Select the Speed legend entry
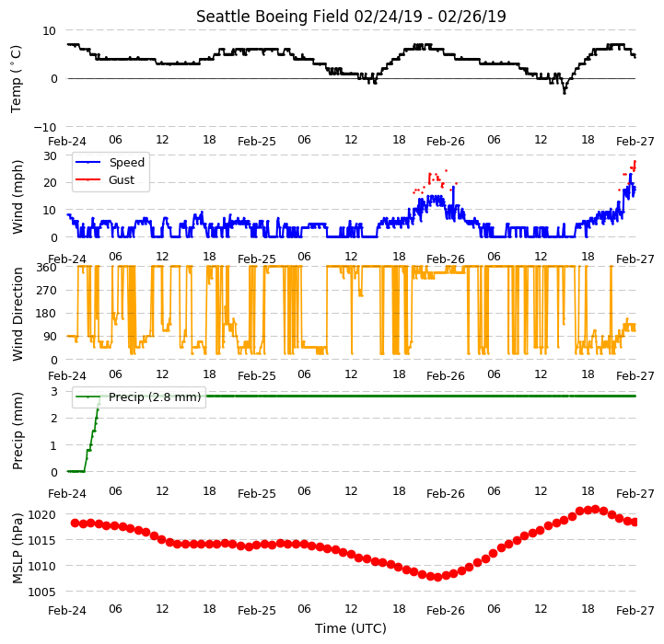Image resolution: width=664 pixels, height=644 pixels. [x=111, y=163]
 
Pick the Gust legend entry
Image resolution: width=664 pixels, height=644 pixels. [x=105, y=179]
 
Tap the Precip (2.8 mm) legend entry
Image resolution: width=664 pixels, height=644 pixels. [x=138, y=397]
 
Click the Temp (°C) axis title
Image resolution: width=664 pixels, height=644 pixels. [x=16, y=79]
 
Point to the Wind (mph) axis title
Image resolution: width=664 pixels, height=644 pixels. [x=17, y=197]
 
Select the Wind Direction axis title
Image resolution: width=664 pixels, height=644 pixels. [x=17, y=314]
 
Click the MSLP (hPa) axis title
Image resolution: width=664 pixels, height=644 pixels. [x=17, y=548]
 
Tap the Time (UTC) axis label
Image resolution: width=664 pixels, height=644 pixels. [x=351, y=628]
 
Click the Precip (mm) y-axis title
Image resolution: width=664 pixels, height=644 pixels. [x=17, y=431]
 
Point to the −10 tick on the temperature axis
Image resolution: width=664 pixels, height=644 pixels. [x=45, y=127]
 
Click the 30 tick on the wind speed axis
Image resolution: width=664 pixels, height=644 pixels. [x=50, y=156]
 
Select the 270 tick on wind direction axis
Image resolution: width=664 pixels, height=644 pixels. [x=47, y=291]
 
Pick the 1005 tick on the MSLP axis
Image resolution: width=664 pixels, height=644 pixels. [x=42, y=592]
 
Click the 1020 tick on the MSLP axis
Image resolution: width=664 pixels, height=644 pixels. [x=42, y=515]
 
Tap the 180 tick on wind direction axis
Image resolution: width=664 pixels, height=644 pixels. [x=47, y=314]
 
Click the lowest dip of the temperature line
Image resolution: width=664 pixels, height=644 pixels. [x=564, y=93]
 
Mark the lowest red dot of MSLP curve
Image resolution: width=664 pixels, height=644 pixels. [x=437, y=577]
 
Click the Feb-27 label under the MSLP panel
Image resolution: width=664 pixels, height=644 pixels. [x=635, y=610]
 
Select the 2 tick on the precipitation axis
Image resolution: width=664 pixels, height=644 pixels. [x=53, y=418]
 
